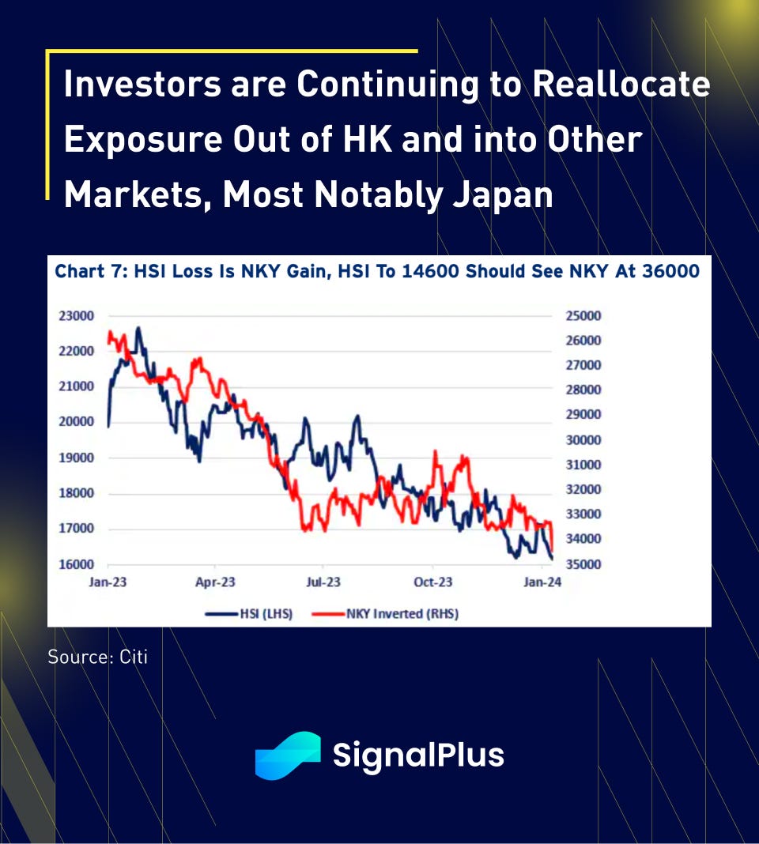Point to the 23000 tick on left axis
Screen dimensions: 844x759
click(77, 315)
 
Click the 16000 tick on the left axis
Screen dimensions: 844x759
click(77, 564)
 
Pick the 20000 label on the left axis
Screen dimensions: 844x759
click(77, 422)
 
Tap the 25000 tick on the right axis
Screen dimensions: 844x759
click(583, 315)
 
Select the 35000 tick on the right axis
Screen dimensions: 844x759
click(583, 564)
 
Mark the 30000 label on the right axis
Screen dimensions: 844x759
click(583, 439)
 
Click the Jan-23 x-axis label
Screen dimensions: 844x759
click(109, 582)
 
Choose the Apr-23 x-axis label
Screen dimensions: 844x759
click(215, 582)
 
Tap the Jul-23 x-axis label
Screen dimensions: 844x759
click(323, 582)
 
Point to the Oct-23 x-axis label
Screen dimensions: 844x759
click(433, 582)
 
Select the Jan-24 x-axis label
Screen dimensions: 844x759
click(542, 582)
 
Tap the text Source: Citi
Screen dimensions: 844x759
click(97, 657)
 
